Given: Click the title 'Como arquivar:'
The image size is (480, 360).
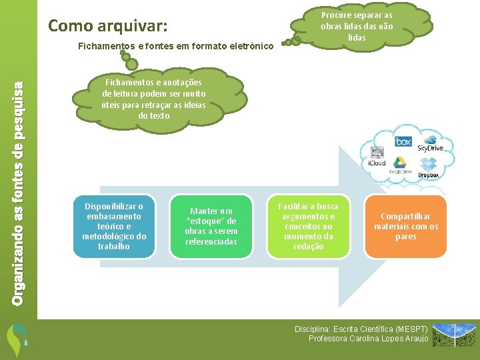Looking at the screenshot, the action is pos(108,26).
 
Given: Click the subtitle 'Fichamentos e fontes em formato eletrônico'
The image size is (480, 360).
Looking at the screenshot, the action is pos(175,46).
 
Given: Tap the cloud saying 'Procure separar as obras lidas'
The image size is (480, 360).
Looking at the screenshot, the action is pos(357,25).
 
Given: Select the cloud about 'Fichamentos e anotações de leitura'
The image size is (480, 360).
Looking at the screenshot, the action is pos(154,99).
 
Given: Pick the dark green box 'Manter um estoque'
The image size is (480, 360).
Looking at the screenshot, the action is pos(211,227).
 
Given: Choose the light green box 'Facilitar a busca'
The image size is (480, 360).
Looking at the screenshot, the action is pos(308,227).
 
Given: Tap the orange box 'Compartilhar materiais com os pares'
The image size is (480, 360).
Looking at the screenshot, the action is pos(405,227).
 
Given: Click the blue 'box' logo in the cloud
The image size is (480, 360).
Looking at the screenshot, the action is pos(403,141).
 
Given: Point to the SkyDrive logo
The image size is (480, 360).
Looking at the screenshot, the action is pos(431,143).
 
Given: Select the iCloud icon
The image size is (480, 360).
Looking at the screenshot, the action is pos(377,157).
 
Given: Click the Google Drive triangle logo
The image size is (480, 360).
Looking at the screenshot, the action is pos(400,163).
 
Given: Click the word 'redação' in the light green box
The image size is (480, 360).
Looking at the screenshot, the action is pos(308,247).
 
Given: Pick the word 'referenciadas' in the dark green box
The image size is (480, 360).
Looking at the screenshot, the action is pos(211,241).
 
